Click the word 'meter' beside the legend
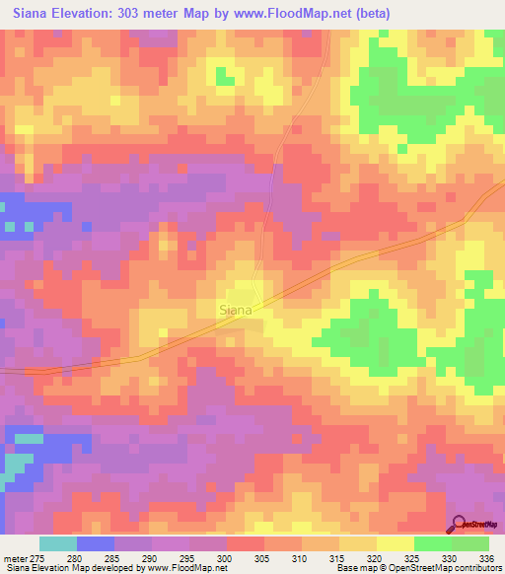click(x=17, y=558)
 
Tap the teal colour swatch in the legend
click(x=58, y=543)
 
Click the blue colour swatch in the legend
click(x=96, y=543)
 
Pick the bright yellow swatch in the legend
click(x=395, y=543)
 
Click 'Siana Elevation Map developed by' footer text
click(x=69, y=568)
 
